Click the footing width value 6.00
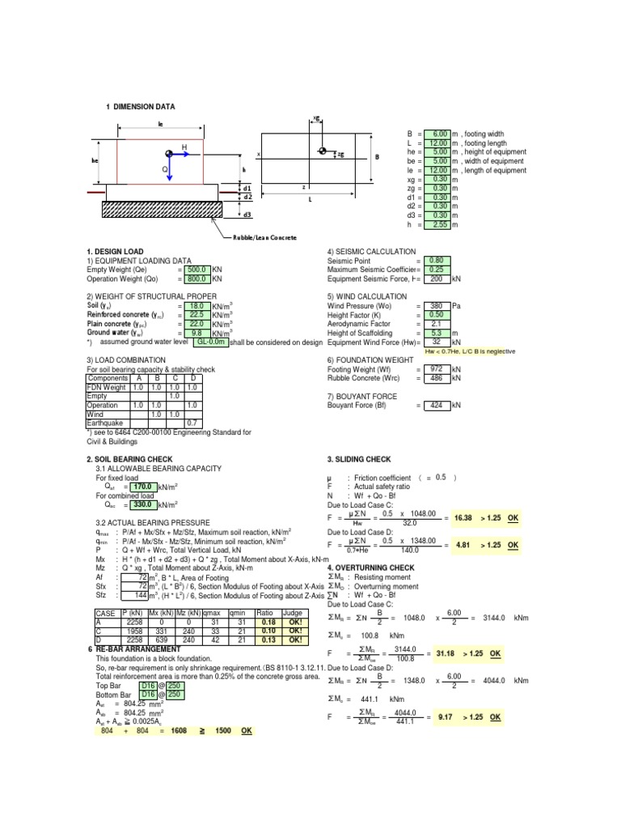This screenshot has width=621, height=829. pos(440,134)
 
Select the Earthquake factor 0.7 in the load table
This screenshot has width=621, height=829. pos(192,423)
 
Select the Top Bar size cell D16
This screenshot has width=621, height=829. pos(149,685)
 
